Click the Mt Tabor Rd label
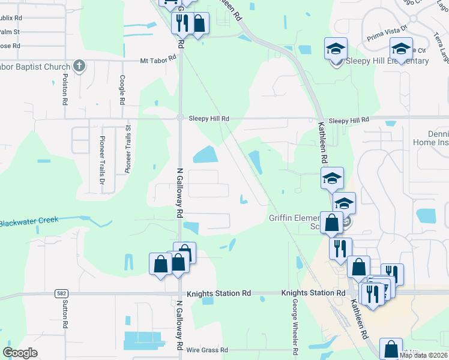pos(158,60)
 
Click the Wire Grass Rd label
pos(207,349)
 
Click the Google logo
pos(20,353)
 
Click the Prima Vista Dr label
pos(388,31)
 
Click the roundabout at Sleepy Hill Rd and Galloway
pos(179,118)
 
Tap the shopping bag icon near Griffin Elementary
pos(331,223)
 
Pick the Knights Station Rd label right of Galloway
pos(218,293)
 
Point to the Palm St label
pos(10,31)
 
